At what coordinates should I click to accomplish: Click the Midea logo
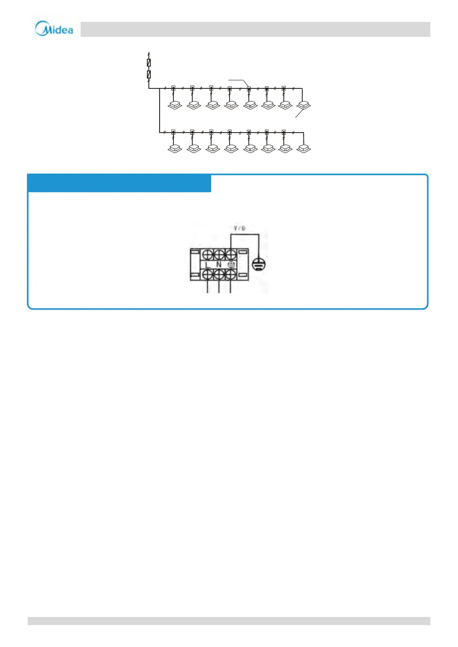tap(54, 29)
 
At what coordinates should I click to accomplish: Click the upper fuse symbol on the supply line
tap(149, 63)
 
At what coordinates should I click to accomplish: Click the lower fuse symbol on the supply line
tap(149, 74)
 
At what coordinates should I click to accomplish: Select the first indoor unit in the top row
tap(175, 105)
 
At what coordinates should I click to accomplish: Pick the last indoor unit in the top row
tap(304, 105)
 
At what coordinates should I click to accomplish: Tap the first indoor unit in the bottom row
tap(175, 148)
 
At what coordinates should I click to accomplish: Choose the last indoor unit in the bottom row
tap(304, 148)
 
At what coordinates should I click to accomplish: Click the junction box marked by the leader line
tap(249, 88)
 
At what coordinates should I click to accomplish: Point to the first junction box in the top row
tap(173, 88)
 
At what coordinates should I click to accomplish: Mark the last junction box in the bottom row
tap(284, 132)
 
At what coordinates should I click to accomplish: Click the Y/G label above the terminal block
tap(239, 229)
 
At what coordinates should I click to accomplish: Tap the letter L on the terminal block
tap(207, 265)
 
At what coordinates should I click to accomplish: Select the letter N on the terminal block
tap(219, 265)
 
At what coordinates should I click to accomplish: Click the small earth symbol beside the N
tap(231, 265)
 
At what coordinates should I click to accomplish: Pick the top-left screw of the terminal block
tap(208, 254)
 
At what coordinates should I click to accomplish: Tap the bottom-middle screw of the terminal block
tap(219, 275)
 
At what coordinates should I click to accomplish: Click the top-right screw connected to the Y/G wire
tap(230, 254)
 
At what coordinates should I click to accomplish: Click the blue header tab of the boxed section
tap(119, 183)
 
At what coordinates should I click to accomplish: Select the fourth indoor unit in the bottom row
tap(231, 148)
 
